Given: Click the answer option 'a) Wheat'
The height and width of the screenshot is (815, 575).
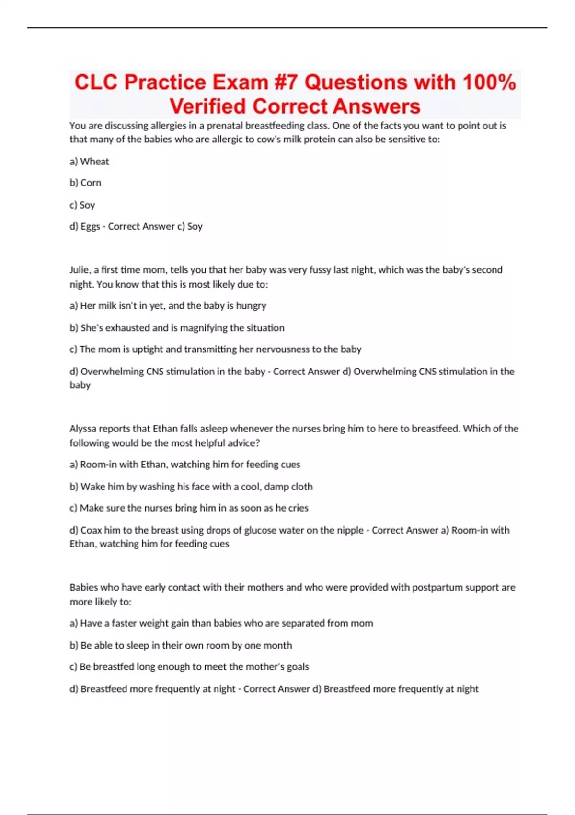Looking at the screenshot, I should point(90,162).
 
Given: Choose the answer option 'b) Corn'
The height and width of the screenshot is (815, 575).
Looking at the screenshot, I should point(86,183).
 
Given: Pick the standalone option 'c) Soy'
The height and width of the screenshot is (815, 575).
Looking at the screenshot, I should point(82,205).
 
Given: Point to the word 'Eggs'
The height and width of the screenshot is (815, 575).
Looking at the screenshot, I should point(90,226).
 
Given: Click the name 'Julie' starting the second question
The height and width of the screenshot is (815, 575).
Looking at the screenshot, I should point(80,270).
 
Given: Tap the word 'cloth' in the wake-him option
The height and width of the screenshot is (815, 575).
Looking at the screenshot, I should point(301,487).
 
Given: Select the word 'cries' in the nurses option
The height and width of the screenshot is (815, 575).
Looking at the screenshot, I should point(298,508).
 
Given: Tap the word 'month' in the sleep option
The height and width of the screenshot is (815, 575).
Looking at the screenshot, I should point(279,645).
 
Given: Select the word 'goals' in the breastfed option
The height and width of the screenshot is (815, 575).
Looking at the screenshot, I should point(298,667).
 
